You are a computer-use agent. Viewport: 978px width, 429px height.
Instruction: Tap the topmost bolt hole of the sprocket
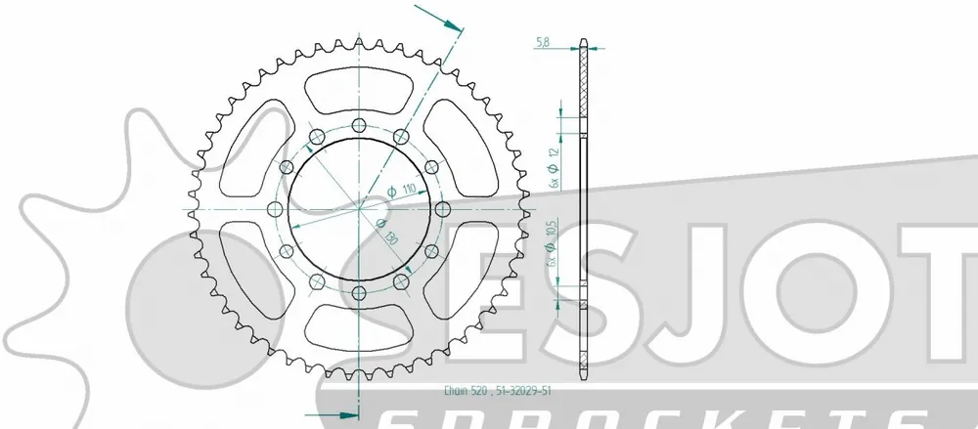(x=359, y=125)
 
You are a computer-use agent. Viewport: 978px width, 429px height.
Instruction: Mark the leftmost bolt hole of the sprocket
(x=275, y=208)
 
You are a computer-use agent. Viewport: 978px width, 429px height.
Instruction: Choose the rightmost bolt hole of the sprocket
(x=443, y=208)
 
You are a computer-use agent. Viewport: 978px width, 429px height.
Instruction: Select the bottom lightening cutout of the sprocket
(x=359, y=327)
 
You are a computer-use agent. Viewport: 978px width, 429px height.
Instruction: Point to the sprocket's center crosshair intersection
(x=359, y=208)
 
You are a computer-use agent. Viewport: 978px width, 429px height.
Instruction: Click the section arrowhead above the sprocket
(x=451, y=21)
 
